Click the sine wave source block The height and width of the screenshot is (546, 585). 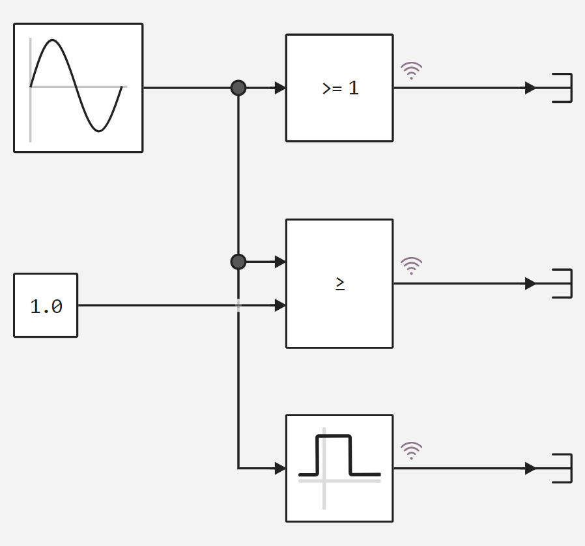[78, 88]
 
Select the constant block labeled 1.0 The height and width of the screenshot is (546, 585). [46, 305]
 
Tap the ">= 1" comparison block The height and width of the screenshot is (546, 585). [339, 88]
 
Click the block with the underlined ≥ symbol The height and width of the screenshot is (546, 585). [339, 284]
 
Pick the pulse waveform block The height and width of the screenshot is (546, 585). [339, 468]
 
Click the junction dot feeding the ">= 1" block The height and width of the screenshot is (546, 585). [238, 88]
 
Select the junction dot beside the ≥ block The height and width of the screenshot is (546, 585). [238, 262]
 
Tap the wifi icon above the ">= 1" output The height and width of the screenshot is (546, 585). [411, 70]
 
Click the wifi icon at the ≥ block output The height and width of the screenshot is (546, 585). [411, 265]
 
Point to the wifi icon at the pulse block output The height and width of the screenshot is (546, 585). [411, 450]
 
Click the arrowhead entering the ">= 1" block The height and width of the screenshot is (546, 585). [280, 88]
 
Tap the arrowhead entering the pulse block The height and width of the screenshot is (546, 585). [280, 468]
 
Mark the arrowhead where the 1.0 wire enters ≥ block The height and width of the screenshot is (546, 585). [280, 305]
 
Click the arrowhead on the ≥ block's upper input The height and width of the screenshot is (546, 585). [280, 262]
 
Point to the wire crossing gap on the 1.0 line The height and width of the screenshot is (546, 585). [238, 305]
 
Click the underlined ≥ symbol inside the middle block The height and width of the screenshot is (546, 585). [340, 283]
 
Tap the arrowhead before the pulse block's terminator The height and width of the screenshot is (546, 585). [530, 468]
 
